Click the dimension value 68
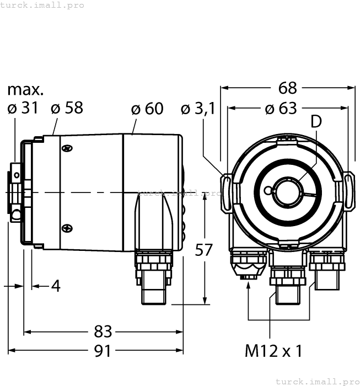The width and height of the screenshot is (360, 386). click(x=288, y=88)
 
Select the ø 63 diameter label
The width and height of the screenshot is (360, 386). click(x=281, y=108)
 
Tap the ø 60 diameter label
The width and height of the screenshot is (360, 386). click(x=147, y=109)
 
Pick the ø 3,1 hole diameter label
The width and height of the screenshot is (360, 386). click(x=197, y=109)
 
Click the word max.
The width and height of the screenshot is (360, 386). click(x=25, y=89)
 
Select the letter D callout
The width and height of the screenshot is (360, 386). click(x=315, y=122)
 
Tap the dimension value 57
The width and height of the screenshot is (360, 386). click(x=205, y=250)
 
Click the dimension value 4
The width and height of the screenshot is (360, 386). click(x=55, y=286)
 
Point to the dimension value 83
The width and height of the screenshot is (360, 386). click(x=103, y=331)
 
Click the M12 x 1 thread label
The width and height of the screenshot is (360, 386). click(x=274, y=351)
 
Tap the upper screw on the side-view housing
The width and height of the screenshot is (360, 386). click(x=67, y=148)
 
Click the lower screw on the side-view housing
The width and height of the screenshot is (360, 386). click(x=67, y=227)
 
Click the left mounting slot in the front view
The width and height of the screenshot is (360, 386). click(x=227, y=192)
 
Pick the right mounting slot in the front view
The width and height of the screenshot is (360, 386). click(x=350, y=191)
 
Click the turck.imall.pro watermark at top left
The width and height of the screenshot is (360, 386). click(x=42, y=5)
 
